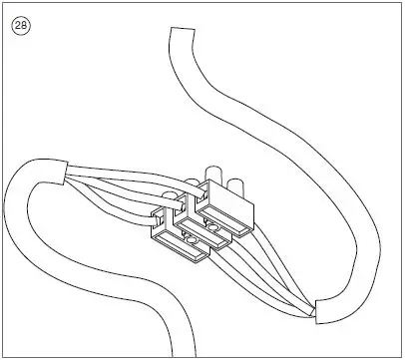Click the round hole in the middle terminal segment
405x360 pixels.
[212, 227]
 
